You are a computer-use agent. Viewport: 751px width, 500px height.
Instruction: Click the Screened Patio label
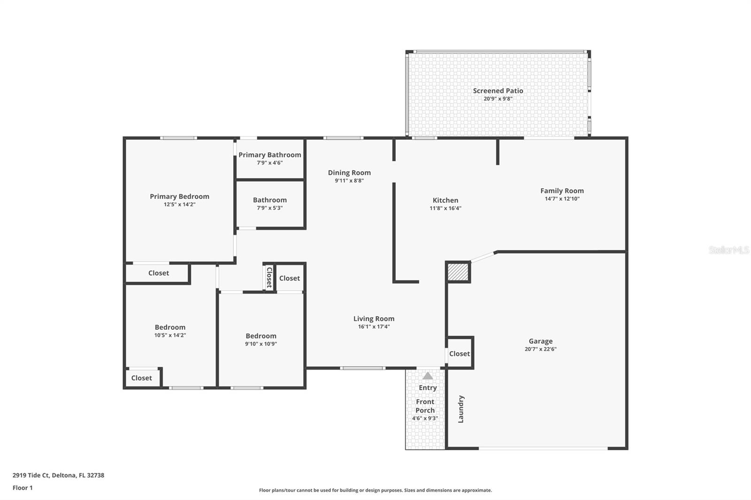tap(498, 91)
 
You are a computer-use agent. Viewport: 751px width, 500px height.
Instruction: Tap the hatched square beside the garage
tap(458, 272)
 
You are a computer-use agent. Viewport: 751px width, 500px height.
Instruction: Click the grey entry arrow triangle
tap(428, 376)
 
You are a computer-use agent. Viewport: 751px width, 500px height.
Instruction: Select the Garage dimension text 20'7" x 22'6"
tap(540, 349)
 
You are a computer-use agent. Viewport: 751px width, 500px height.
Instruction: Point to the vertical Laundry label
tap(461, 409)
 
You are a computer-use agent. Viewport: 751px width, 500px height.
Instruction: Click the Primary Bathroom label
tap(269, 155)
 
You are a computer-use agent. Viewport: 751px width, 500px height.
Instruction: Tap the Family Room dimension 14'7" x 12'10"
tap(562, 199)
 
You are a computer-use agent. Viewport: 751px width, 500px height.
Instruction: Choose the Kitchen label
tap(445, 200)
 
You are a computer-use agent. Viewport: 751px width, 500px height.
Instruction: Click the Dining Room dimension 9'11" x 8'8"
tap(349, 181)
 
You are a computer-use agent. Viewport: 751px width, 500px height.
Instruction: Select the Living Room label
tap(374, 319)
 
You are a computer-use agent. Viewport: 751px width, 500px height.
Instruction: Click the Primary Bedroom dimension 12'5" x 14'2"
tap(179, 205)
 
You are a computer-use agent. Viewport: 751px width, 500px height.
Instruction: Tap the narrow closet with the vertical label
tap(269, 277)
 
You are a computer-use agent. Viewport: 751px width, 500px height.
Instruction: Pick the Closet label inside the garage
tap(459, 354)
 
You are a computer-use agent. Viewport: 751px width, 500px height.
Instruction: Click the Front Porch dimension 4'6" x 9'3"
tap(425, 418)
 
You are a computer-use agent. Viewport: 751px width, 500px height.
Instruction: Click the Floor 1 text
tap(23, 488)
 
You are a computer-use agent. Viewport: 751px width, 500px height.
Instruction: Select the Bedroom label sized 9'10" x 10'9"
tap(261, 336)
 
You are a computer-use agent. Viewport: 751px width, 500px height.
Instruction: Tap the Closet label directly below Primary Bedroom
tap(158, 273)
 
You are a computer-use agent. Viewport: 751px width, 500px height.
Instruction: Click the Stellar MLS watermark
tap(728, 250)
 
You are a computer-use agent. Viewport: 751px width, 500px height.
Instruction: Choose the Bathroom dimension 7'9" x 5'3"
tap(269, 208)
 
